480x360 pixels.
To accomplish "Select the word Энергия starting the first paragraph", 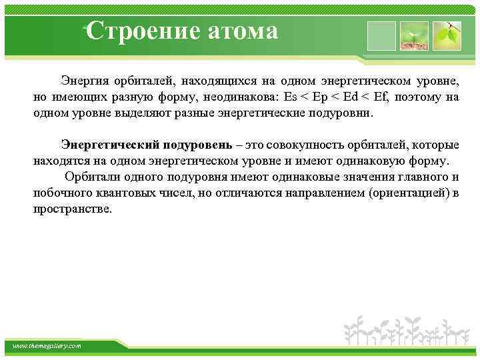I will click(x=83, y=81).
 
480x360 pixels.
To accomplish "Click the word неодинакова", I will click(x=239, y=97).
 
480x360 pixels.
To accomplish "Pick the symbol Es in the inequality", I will click(x=291, y=97).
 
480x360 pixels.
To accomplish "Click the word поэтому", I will click(x=419, y=97).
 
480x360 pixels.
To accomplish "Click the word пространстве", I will click(x=73, y=209).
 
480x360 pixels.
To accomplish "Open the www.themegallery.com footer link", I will click(x=47, y=346).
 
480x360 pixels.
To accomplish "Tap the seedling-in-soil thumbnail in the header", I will click(x=413, y=36).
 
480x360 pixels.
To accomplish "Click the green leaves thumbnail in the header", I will click(x=447, y=36).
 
